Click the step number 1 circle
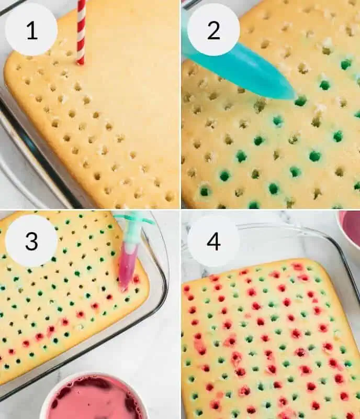click(31, 30)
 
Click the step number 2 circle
click(213, 30)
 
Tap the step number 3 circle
click(31, 241)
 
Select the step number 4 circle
click(213, 241)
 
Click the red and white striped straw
click(81, 31)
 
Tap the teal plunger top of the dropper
click(133, 219)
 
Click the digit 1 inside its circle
click(31, 30)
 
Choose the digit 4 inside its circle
click(213, 241)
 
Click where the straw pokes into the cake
click(81, 62)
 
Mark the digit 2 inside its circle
click(213, 30)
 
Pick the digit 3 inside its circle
click(31, 241)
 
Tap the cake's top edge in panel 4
click(262, 262)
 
